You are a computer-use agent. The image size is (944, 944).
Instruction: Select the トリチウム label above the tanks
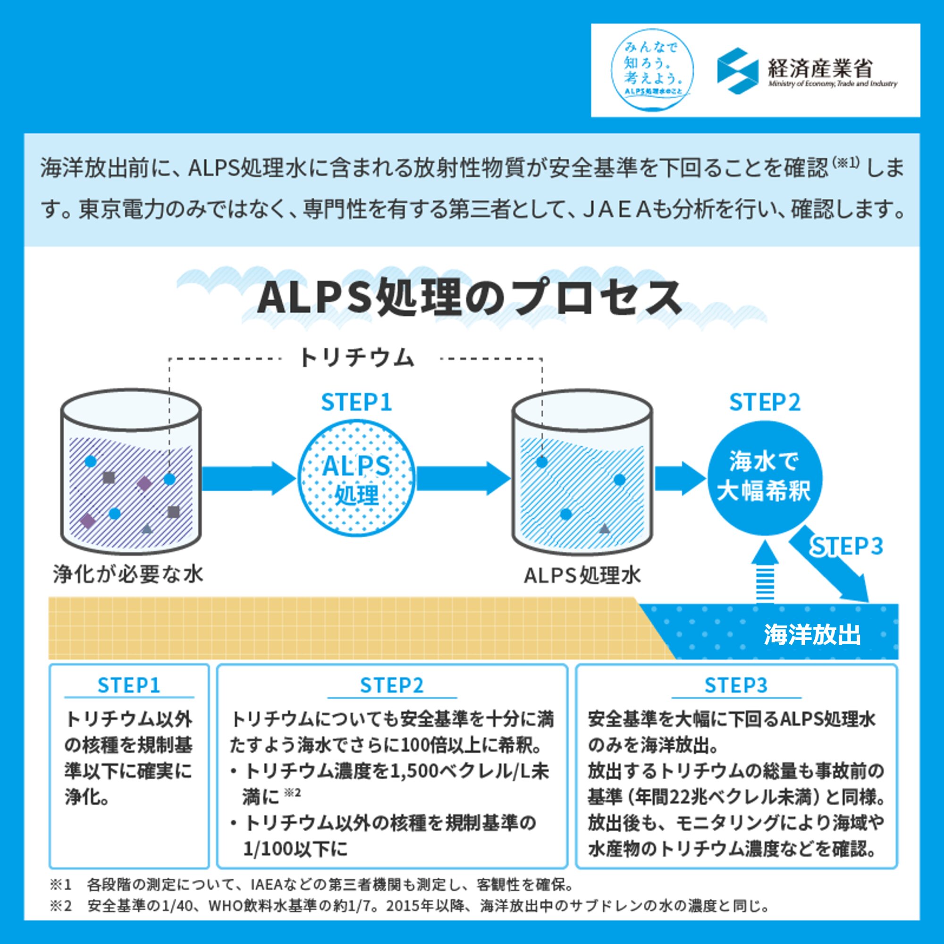(x=356, y=358)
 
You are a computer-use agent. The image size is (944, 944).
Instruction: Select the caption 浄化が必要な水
(x=128, y=574)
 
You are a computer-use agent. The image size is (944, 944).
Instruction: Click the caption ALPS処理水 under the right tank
(x=582, y=575)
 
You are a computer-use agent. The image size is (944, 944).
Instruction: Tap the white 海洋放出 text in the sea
(x=812, y=635)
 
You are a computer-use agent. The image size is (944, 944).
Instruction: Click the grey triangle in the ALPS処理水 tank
(x=605, y=528)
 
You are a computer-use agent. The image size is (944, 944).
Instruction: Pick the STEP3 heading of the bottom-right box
(x=736, y=685)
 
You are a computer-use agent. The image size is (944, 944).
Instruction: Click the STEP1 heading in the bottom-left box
(x=128, y=685)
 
